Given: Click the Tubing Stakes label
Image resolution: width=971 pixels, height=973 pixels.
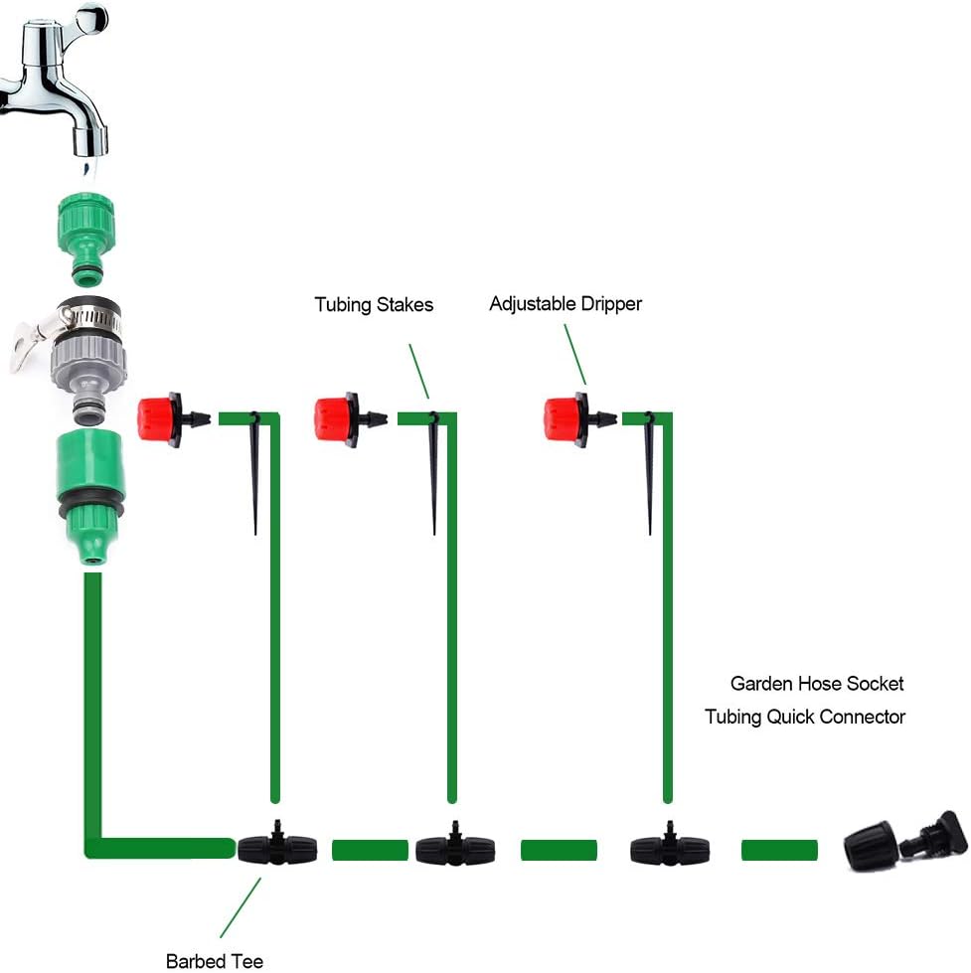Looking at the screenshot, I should [x=374, y=305].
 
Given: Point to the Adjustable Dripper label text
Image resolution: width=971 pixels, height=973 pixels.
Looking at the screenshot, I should [x=565, y=304].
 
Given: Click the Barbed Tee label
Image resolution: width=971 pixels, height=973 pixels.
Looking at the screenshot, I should [x=215, y=961].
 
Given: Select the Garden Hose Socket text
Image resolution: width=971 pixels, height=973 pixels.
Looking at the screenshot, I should [x=817, y=684].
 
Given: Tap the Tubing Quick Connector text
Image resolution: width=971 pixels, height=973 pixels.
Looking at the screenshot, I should [x=805, y=717].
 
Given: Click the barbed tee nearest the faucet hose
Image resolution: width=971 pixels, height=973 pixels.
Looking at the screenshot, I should [x=278, y=848].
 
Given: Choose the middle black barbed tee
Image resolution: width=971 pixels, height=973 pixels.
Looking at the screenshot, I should [x=455, y=848].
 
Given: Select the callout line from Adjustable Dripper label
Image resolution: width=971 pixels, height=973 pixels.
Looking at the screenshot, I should [x=575, y=354].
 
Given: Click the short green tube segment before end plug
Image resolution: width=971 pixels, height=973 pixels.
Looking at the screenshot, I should [x=780, y=850].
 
